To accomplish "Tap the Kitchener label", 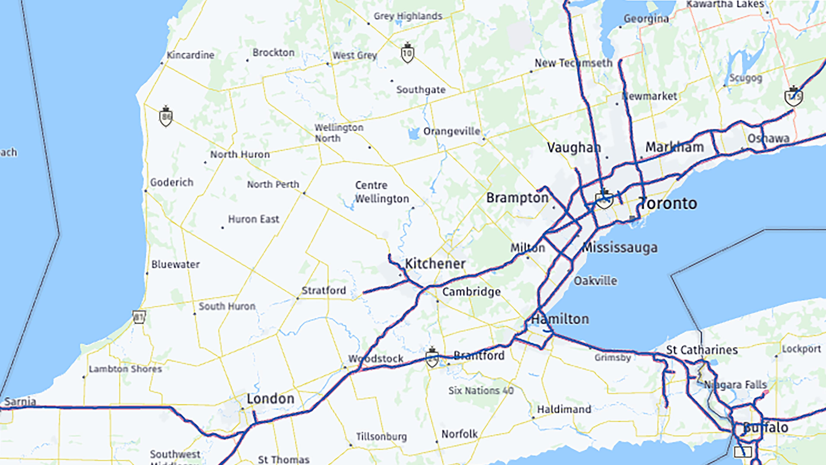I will (435, 264).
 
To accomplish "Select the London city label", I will (270, 399).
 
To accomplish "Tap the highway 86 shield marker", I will (166, 116).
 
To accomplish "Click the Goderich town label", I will (172, 182).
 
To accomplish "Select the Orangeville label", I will (451, 131).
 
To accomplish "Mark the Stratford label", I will (324, 290).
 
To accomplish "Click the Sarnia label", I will (20, 401).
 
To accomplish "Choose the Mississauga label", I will (620, 247).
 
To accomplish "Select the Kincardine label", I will (190, 55).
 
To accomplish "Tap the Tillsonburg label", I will (381, 436).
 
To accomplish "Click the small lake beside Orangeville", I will (414, 133).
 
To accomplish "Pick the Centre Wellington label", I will (381, 192).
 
